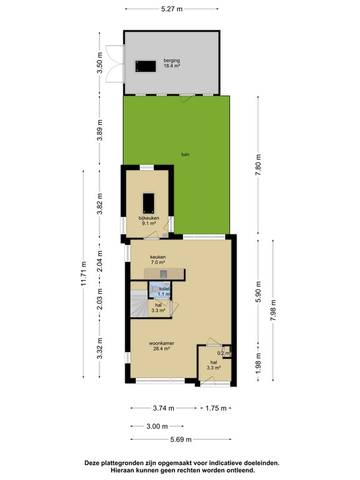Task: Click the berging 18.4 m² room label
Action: coord(171,62)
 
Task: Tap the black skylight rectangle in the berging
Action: coord(146,66)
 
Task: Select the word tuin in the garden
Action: coord(185,154)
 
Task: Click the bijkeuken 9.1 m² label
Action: coord(149,221)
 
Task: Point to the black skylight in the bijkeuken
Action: coord(149,203)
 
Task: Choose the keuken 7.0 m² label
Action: coord(157,259)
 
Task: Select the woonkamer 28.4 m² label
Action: coord(162,346)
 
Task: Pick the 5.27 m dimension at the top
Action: coord(172,9)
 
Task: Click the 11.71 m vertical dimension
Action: coord(84,273)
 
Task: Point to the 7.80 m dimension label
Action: coord(259,165)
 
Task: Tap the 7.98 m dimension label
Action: coord(273,310)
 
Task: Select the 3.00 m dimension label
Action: coord(157,426)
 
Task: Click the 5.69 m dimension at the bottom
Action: coord(181,439)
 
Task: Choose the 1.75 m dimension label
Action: coord(216,408)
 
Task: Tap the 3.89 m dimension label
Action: coord(100,130)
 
